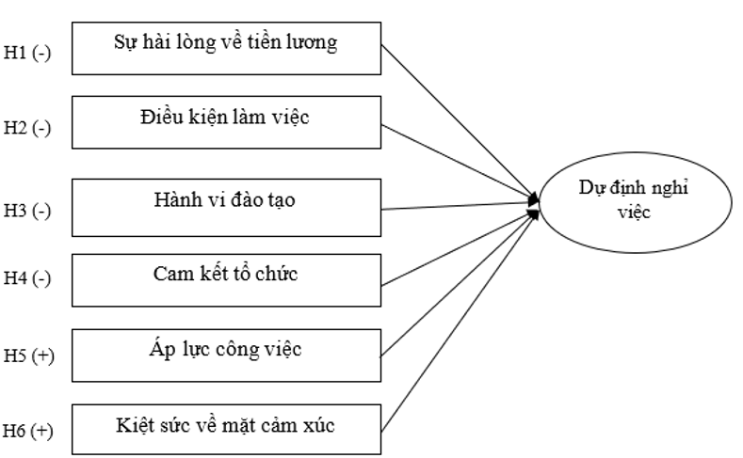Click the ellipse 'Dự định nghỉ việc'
point(635,202)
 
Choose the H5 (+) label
point(27,356)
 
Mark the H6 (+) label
point(27,432)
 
